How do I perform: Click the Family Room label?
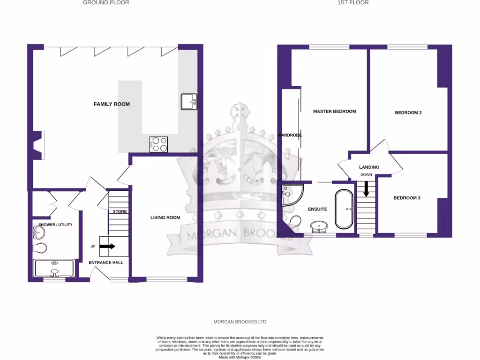pos(112,104)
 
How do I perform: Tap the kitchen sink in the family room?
pos(189,101)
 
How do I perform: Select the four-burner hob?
pos(159,144)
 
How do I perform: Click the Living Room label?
pos(165,217)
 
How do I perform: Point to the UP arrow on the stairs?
pos(107,246)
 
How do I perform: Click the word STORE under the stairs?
pos(120,212)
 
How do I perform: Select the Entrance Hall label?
pos(106,262)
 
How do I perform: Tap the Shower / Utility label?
pos(55,225)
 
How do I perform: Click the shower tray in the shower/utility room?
pos(55,269)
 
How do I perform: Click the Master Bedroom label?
pos(334,112)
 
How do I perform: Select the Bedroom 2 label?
pos(408,112)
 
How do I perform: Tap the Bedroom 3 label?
pos(406,198)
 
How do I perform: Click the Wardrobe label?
pos(289,135)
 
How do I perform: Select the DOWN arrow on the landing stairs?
pos(366,188)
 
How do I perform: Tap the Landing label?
pos(369,167)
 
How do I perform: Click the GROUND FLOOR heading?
pos(106,3)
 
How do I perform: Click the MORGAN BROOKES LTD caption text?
pos(240,322)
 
